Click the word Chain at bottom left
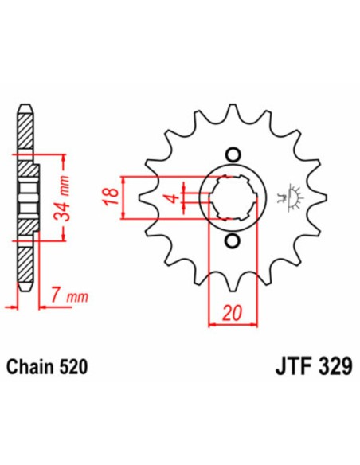[x=30, y=367]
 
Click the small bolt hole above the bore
[x=233, y=154]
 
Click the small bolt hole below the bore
[x=233, y=241]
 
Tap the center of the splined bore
[x=233, y=197]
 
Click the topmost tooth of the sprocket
[x=233, y=111]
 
